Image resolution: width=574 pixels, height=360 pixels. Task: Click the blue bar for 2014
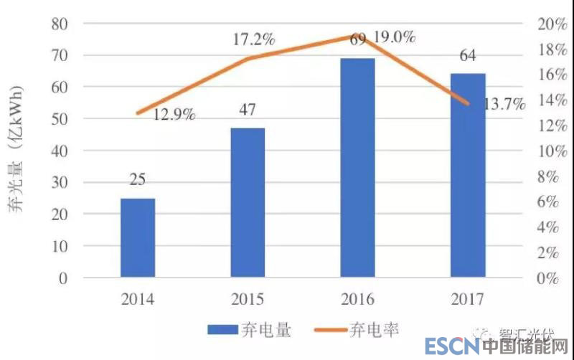click(x=138, y=237)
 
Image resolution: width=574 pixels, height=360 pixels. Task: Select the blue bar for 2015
click(x=248, y=202)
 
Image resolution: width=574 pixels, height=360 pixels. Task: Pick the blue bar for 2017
click(x=468, y=175)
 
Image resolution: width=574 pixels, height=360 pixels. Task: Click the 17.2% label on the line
click(x=253, y=40)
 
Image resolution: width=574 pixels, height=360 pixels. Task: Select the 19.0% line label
click(x=394, y=37)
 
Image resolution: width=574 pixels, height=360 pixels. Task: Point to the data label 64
click(x=468, y=57)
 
